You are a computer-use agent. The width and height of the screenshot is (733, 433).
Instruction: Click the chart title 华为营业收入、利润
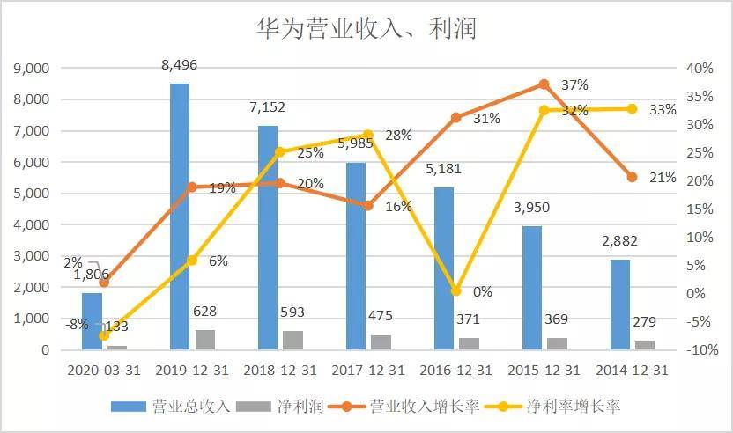pyautogui.click(x=366, y=29)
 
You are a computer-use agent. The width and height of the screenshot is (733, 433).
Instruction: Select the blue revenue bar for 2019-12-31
pyautogui.click(x=180, y=216)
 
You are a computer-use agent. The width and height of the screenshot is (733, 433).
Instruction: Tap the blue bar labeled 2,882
pyautogui.click(x=620, y=305)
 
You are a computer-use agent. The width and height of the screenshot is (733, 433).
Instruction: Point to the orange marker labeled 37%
pyautogui.click(x=544, y=84)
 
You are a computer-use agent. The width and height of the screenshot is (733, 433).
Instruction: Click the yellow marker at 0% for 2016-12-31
pyautogui.click(x=455, y=290)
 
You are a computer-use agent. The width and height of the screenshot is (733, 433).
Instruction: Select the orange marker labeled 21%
pyautogui.click(x=632, y=177)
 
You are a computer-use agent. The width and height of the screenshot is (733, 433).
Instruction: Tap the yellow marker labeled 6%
pyautogui.click(x=192, y=261)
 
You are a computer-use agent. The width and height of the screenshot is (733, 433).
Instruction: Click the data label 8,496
pyautogui.click(x=180, y=65)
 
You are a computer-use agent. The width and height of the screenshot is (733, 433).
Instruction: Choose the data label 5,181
pyautogui.click(x=443, y=168)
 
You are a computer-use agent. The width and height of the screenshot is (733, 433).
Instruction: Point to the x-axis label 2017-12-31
pyautogui.click(x=368, y=370)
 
